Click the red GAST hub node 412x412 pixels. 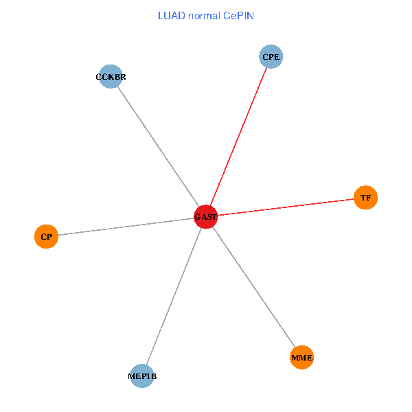206,217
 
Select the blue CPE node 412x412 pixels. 271,56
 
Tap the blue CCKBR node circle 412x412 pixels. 111,76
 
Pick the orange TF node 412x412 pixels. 365,198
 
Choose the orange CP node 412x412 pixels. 45,237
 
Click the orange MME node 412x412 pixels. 301,357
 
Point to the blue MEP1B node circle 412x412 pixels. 141,376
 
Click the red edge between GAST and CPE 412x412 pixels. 238,137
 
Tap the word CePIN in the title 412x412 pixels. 238,15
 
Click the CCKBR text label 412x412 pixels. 111,77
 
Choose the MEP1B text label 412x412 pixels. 142,377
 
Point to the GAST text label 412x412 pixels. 206,218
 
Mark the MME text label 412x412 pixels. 301,358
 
